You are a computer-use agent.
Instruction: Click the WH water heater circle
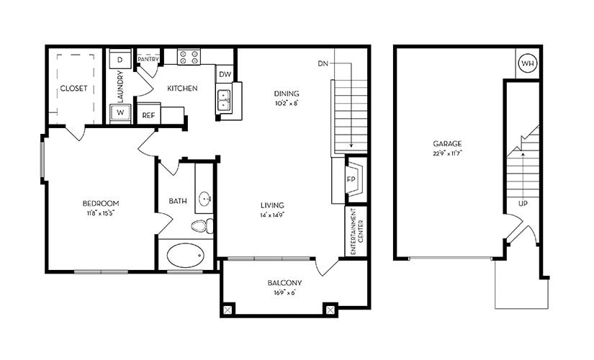(x=528, y=64)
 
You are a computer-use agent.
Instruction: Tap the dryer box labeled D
(x=120, y=60)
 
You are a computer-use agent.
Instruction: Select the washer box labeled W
(x=120, y=114)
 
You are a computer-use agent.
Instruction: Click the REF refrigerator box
(x=148, y=114)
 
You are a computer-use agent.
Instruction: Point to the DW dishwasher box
(x=225, y=75)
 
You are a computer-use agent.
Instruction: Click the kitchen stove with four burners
(x=189, y=57)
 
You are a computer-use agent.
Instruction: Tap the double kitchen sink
(x=224, y=99)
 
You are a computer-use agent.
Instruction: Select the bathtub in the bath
(x=185, y=256)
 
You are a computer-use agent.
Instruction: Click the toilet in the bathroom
(x=202, y=226)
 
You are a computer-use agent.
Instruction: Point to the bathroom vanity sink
(x=205, y=198)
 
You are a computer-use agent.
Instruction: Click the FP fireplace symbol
(x=354, y=179)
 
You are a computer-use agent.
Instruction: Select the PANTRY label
(x=148, y=59)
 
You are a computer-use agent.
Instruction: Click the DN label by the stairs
(x=323, y=64)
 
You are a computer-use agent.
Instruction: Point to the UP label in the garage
(x=523, y=204)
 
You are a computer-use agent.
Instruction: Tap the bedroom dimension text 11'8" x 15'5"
(x=100, y=213)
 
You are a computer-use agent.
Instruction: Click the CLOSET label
(x=73, y=89)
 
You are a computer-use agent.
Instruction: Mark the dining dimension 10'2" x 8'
(x=286, y=103)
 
